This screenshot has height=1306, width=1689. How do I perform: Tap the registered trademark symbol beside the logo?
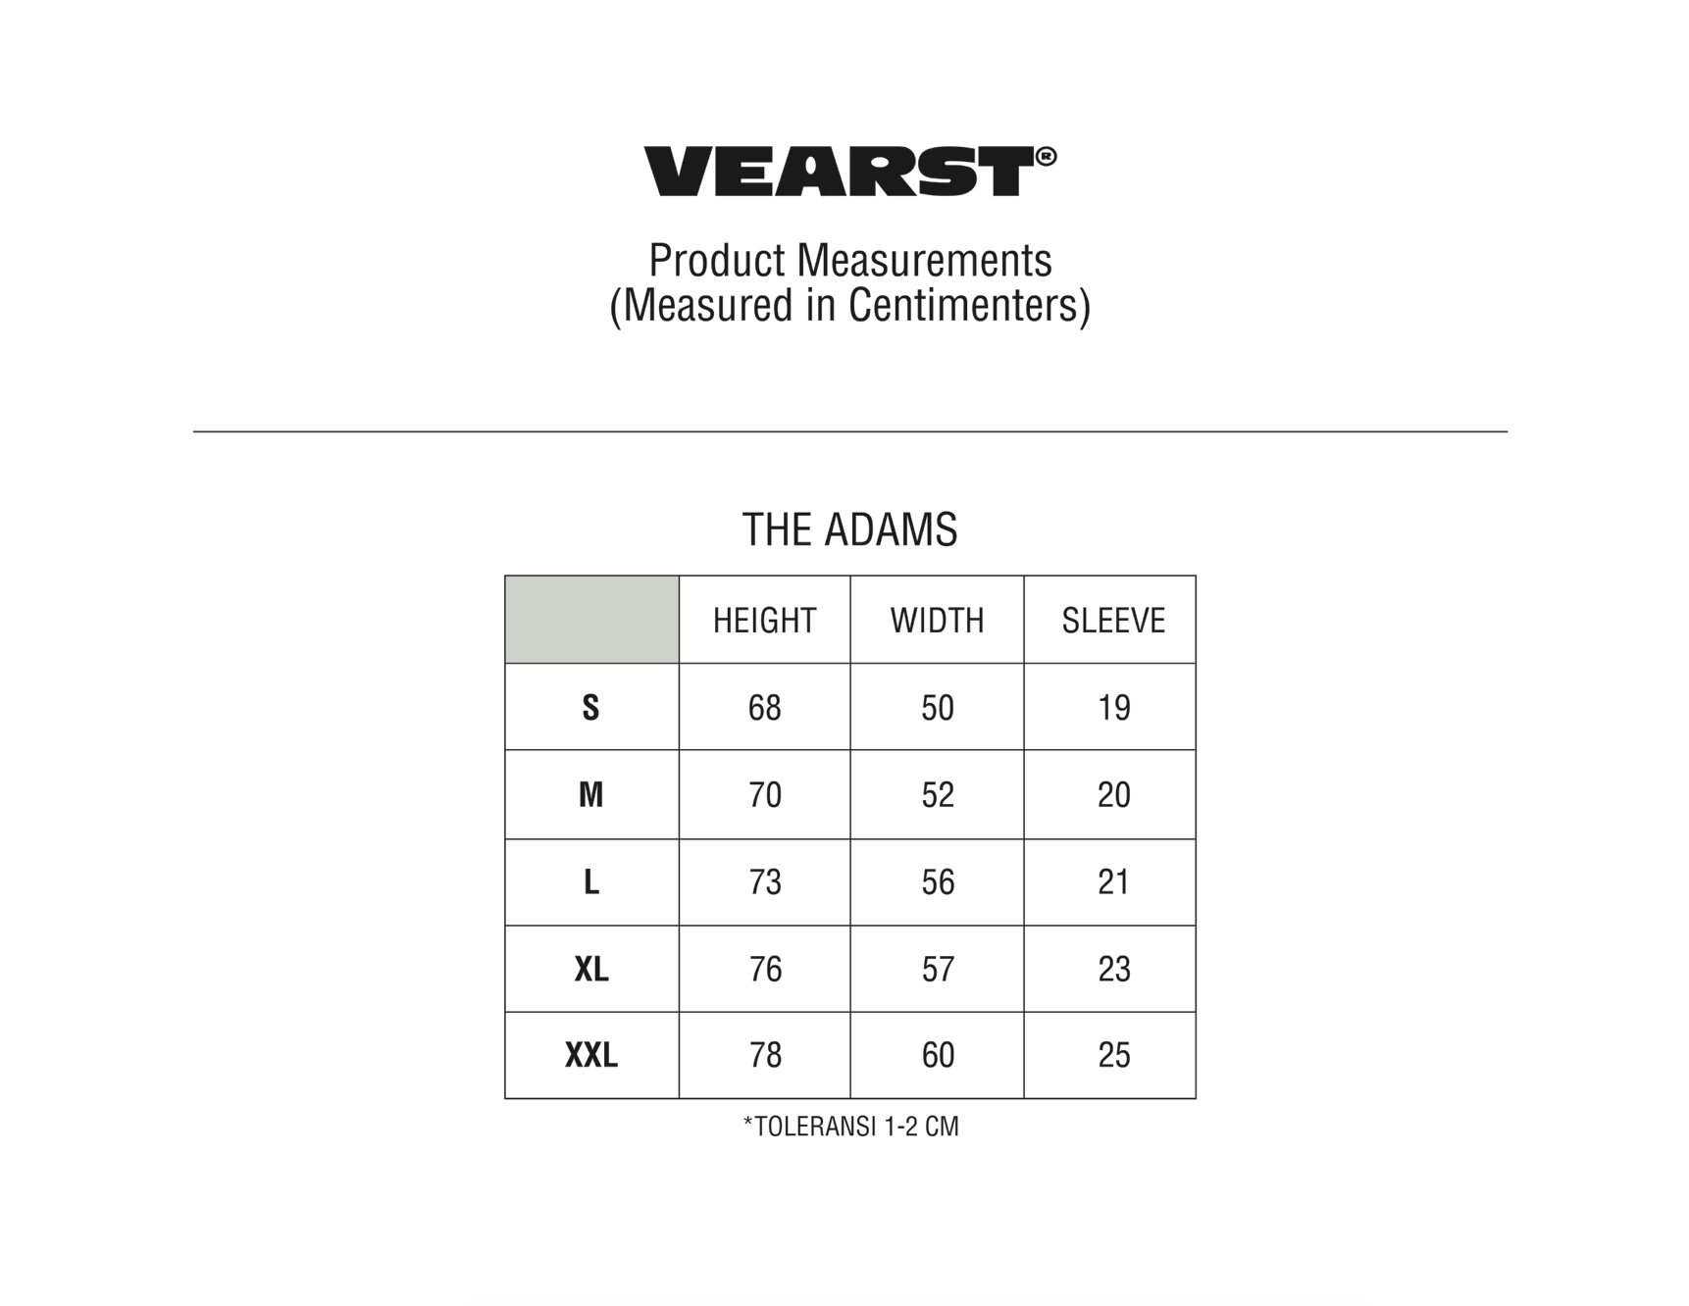coord(1047,156)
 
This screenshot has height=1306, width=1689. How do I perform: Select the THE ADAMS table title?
coord(849,529)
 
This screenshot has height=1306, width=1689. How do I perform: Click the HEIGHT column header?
coord(764,621)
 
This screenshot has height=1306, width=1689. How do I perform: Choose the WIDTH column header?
coord(937,621)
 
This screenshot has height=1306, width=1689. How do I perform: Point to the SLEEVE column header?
coord(1113,621)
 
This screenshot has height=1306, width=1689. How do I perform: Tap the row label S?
coord(590,707)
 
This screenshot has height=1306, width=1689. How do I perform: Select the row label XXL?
coord(591,1055)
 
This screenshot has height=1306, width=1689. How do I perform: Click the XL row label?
coord(591,969)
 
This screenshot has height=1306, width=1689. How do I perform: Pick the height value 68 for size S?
coord(765,707)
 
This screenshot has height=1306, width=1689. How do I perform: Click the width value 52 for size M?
coord(938,794)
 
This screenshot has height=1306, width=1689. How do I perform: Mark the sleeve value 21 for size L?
coord(1113,881)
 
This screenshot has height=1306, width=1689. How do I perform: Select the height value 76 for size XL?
coord(765,969)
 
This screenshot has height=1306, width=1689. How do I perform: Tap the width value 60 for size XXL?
coord(938,1055)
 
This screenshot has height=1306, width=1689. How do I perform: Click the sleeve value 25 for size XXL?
coord(1114,1055)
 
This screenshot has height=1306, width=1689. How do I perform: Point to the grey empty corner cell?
coord(591,620)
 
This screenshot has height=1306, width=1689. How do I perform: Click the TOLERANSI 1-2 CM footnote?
coord(850,1127)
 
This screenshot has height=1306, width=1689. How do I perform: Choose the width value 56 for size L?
coord(938,881)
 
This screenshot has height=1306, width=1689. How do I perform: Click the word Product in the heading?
coord(717,261)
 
